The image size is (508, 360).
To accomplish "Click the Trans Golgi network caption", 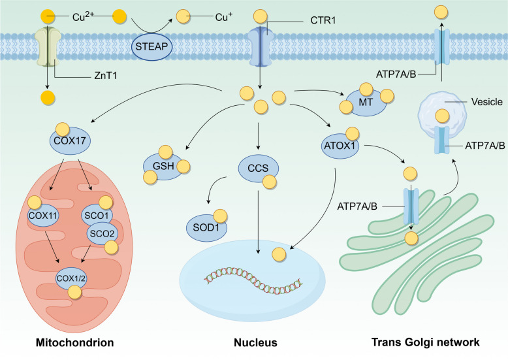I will pyautogui.click(x=426, y=342).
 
